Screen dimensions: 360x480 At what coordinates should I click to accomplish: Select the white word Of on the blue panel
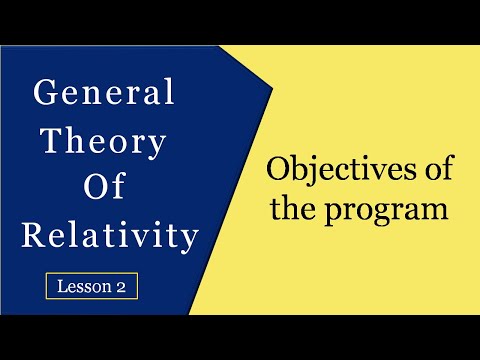coord(104,188)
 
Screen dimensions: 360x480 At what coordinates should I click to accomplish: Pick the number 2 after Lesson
coord(123,286)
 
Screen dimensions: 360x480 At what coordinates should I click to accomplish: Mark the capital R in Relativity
coord(31,236)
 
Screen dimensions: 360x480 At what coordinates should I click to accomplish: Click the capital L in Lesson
coord(62,286)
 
